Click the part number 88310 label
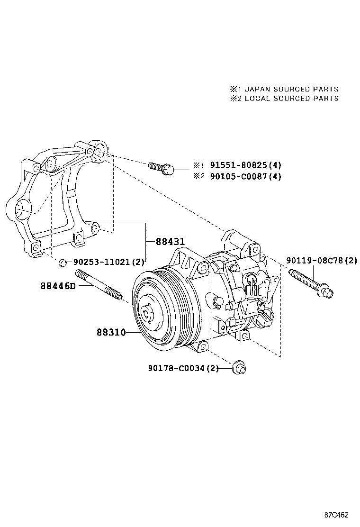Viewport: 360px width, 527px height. [111, 332]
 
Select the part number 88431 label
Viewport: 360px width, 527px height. [170, 242]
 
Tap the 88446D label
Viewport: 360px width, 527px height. [58, 286]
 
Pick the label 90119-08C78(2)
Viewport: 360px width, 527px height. [322, 260]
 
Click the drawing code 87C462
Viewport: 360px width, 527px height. [336, 515]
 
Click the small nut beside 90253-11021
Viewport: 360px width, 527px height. [62, 262]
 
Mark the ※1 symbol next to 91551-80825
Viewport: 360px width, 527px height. [198, 166]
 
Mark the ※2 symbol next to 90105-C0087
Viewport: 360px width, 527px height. [198, 176]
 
